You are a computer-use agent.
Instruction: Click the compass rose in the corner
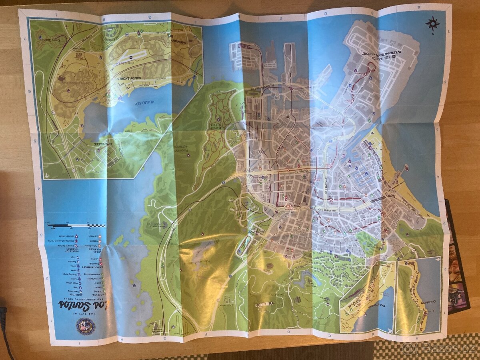pyautogui.click(x=432, y=24)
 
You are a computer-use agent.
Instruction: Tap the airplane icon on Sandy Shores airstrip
pyautogui.click(x=130, y=60)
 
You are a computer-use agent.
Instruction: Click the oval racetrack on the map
pyautogui.click(x=244, y=245)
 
